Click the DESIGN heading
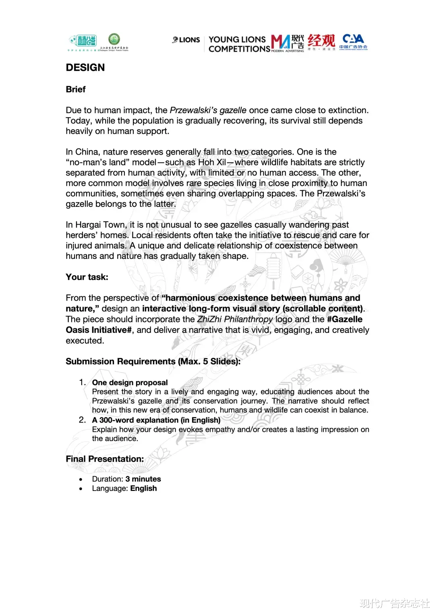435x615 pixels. pyautogui.click(x=85, y=68)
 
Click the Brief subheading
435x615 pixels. pyautogui.click(x=76, y=89)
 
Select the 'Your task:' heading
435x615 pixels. pyautogui.click(x=87, y=277)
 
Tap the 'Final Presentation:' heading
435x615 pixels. pyautogui.click(x=105, y=459)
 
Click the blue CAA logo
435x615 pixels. pyautogui.click(x=353, y=41)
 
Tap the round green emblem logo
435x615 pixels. pyautogui.click(x=114, y=39)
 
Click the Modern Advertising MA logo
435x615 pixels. pyautogui.click(x=287, y=43)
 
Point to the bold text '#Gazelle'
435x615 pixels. pyautogui.click(x=344, y=319)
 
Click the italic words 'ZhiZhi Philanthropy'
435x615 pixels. pyautogui.click(x=235, y=319)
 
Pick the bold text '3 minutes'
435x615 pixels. pyautogui.click(x=143, y=479)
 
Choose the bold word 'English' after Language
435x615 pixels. pyautogui.click(x=143, y=488)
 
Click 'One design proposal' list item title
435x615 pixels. pyautogui.click(x=130, y=382)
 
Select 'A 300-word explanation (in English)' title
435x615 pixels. pyautogui.click(x=156, y=420)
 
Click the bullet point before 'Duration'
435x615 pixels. pyautogui.click(x=81, y=479)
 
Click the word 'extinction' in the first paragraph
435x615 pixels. pyautogui.click(x=348, y=110)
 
